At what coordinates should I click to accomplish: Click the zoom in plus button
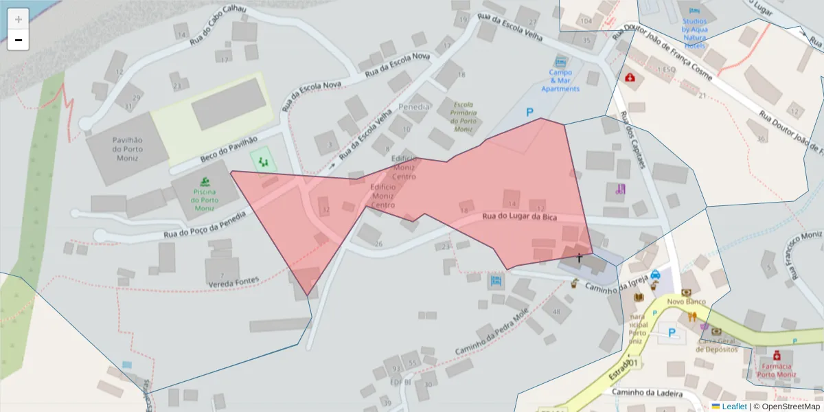[x=18, y=19]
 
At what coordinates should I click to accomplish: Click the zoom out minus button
[x=18, y=40]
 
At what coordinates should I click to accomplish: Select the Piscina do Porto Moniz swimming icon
[x=204, y=182]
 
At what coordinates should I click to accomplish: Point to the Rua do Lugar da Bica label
[x=519, y=217]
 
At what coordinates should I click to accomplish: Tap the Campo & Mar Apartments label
[x=560, y=80]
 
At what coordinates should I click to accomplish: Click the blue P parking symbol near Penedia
[x=529, y=112]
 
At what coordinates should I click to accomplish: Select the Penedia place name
[x=414, y=107]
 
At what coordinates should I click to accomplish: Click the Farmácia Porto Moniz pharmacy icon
[x=777, y=356]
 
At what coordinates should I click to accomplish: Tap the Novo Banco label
[x=687, y=301]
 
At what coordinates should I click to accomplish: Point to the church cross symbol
[x=580, y=258]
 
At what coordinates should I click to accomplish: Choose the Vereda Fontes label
[x=233, y=280]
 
